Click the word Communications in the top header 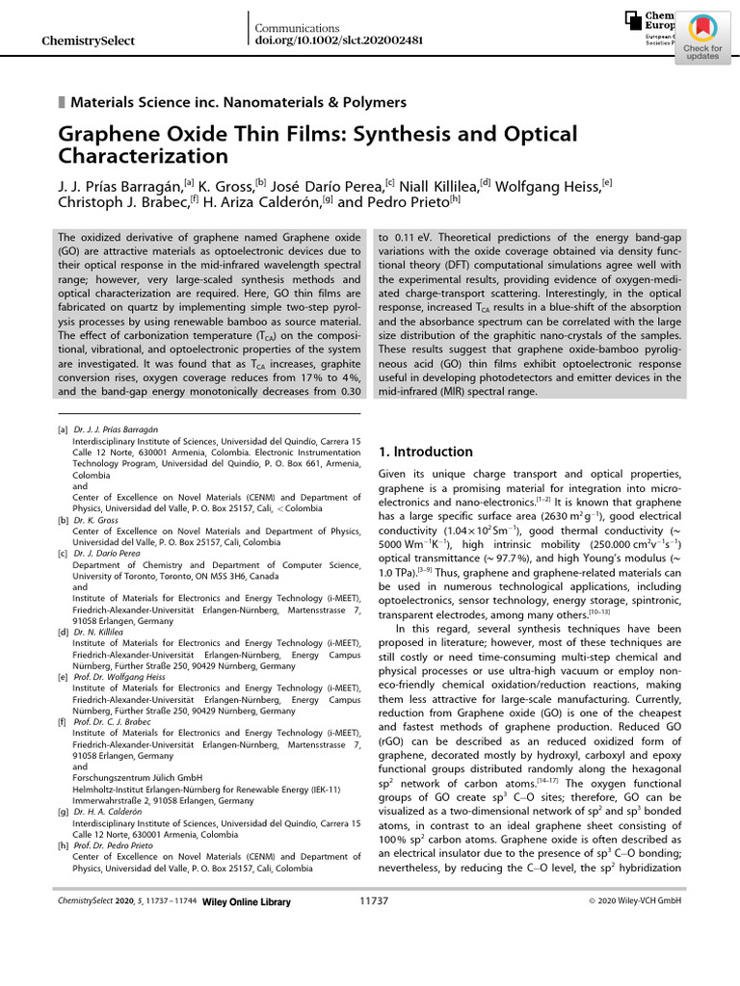pos(299,28)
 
